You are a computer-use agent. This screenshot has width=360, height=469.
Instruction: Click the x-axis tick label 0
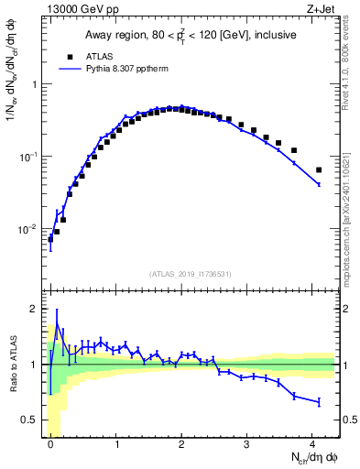(50, 442)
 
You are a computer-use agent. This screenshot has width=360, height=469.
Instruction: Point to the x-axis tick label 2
(182, 442)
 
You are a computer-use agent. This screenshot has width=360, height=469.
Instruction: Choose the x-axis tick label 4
(313, 442)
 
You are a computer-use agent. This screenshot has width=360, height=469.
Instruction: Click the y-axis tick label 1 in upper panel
(35, 84)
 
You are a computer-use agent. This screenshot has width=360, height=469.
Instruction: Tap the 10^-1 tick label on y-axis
(31, 157)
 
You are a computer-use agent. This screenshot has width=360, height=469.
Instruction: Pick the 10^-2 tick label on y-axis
(31, 229)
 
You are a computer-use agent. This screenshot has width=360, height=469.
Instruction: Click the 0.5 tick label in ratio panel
(31, 420)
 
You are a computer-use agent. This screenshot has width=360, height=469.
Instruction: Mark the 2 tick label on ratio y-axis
(35, 309)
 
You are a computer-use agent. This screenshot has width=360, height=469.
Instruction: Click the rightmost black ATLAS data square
(319, 170)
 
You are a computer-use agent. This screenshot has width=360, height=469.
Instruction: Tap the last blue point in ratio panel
(319, 402)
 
